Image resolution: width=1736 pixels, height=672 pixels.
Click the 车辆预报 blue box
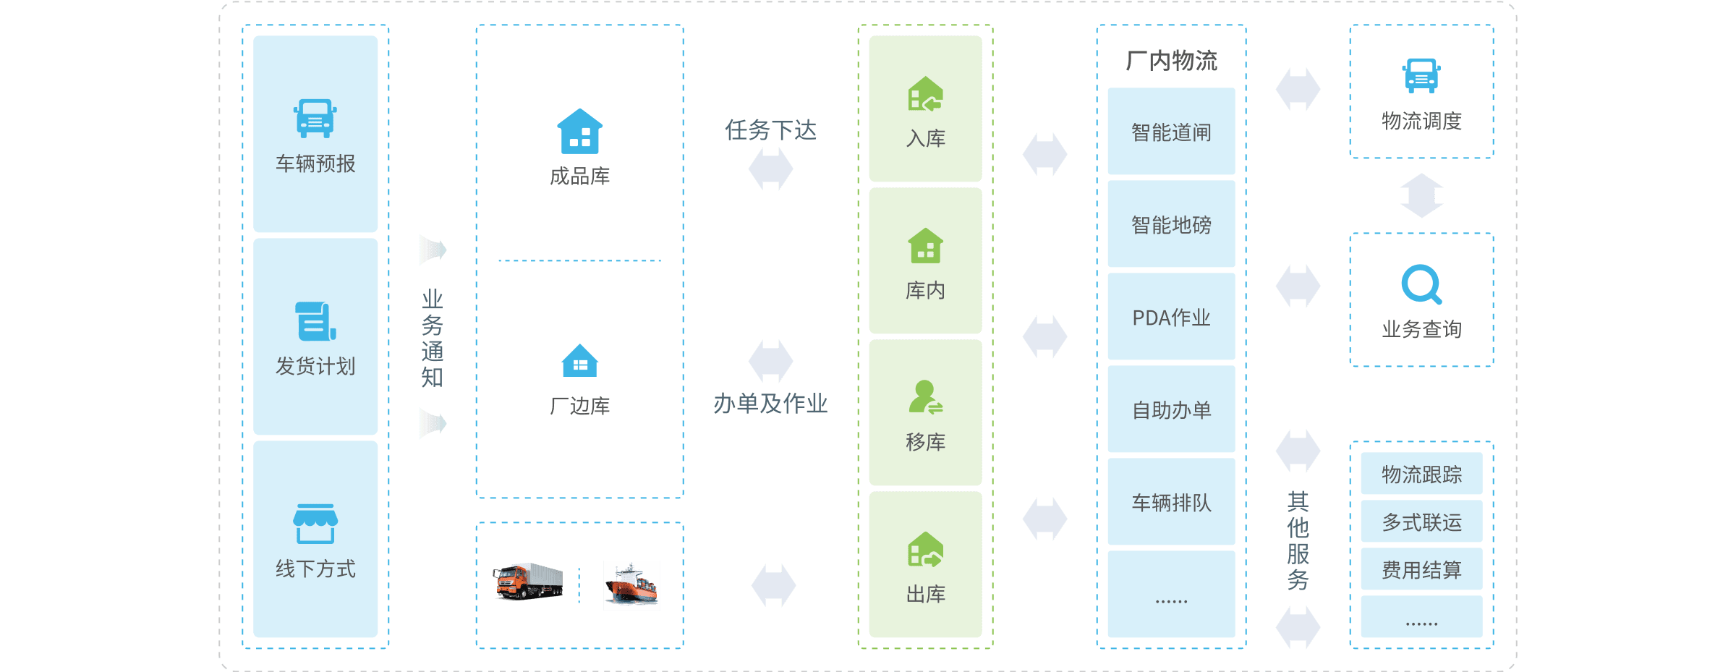pos(315,135)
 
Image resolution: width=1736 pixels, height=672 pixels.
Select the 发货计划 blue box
pos(315,337)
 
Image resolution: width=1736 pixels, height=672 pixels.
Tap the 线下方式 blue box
pos(315,540)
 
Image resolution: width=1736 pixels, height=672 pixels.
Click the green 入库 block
pos(925,109)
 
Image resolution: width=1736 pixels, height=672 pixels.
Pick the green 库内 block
pos(925,261)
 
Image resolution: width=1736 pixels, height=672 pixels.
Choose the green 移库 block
pos(925,413)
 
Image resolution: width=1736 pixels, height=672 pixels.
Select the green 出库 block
pos(925,565)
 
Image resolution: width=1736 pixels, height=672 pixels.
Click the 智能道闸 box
pos(1171,132)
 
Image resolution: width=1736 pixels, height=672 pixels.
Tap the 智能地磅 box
pos(1171,224)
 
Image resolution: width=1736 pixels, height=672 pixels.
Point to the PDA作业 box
pos(1171,317)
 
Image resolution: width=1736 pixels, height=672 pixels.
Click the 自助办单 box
pos(1171,409)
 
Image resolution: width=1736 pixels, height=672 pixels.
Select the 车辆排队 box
pos(1171,502)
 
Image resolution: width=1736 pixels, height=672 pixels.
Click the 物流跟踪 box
pos(1421,474)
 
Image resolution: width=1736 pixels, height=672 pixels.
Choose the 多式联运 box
pos(1421,522)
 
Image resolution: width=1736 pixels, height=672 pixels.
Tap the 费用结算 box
pos(1421,569)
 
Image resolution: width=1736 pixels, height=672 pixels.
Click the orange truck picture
pos(529,582)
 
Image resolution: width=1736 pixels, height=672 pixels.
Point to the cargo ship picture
pos(631,585)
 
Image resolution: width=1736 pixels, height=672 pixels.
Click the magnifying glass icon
pos(1421,284)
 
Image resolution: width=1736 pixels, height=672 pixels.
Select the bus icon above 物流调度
pos(1421,76)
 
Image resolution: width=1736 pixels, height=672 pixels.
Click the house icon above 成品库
pos(579,132)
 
